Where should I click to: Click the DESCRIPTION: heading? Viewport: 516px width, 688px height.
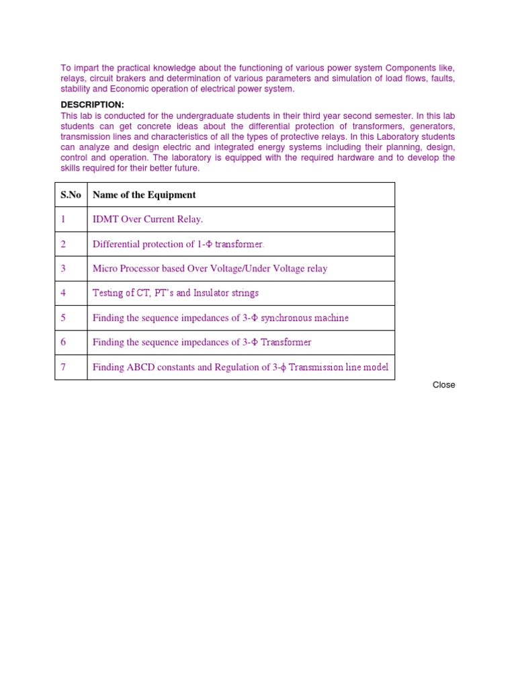pyautogui.click(x=92, y=105)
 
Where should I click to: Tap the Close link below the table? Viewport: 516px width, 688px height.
pyautogui.click(x=443, y=385)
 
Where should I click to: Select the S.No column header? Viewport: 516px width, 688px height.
pyautogui.click(x=71, y=195)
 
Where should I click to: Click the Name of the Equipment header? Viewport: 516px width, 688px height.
pyautogui.click(x=144, y=195)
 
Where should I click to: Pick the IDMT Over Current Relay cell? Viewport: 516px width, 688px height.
pyautogui.click(x=147, y=220)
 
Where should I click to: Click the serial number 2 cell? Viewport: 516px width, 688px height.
pyautogui.click(x=63, y=245)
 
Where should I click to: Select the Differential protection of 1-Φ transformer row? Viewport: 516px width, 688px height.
pyautogui.click(x=178, y=245)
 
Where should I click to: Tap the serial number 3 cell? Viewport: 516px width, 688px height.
pyautogui.click(x=63, y=269)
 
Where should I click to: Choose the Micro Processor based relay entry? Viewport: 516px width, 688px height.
pyautogui.click(x=210, y=269)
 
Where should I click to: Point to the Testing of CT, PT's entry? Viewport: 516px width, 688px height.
pyautogui.click(x=175, y=294)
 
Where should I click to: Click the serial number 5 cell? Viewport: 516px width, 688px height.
pyautogui.click(x=63, y=318)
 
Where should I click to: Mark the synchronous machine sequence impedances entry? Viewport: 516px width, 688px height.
pyautogui.click(x=220, y=318)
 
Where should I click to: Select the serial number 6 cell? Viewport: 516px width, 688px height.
pyautogui.click(x=63, y=343)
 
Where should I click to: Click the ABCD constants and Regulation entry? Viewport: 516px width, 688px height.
pyautogui.click(x=240, y=368)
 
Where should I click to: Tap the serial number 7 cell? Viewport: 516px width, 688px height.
pyautogui.click(x=63, y=368)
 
